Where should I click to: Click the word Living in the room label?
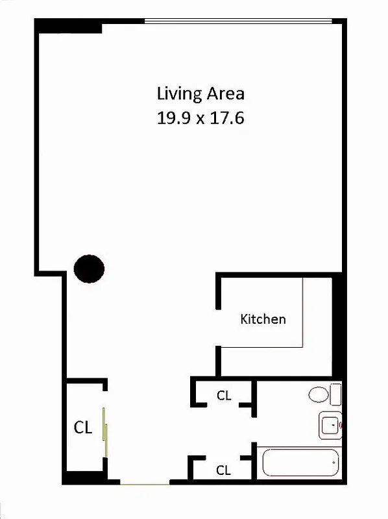(180, 93)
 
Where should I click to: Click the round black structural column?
(89, 268)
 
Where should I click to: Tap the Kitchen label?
(263, 319)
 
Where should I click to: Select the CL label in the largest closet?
(82, 428)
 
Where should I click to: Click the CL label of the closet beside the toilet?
(224, 395)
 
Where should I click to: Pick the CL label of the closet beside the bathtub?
(224, 471)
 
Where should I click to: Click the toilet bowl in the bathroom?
(319, 394)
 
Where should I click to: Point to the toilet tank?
(335, 394)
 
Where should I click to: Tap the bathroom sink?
(330, 426)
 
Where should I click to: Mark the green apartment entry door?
(145, 483)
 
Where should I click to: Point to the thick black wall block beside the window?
(69, 26)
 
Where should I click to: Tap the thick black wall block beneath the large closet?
(84, 479)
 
